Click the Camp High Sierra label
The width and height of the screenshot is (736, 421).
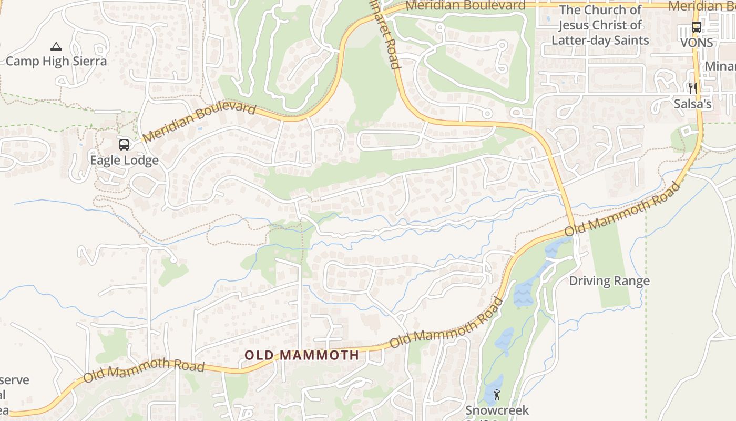[56, 61]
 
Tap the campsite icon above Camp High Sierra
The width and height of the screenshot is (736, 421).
[56, 46]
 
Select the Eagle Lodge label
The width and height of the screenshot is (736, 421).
[124, 161]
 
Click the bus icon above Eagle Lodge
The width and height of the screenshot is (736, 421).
[124, 144]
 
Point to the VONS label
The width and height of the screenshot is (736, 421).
[697, 43]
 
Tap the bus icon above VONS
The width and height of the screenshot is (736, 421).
[697, 27]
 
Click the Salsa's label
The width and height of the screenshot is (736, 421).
[693, 104]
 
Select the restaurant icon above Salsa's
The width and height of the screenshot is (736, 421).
[693, 88]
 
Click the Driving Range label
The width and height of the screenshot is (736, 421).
[609, 281]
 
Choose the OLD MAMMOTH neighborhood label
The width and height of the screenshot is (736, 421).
[302, 355]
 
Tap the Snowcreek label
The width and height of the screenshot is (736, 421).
[497, 410]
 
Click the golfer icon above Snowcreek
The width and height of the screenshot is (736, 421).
[497, 394]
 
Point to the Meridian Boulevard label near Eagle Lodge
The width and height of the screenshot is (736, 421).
[199, 123]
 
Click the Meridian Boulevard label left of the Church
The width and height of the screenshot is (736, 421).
[466, 6]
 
